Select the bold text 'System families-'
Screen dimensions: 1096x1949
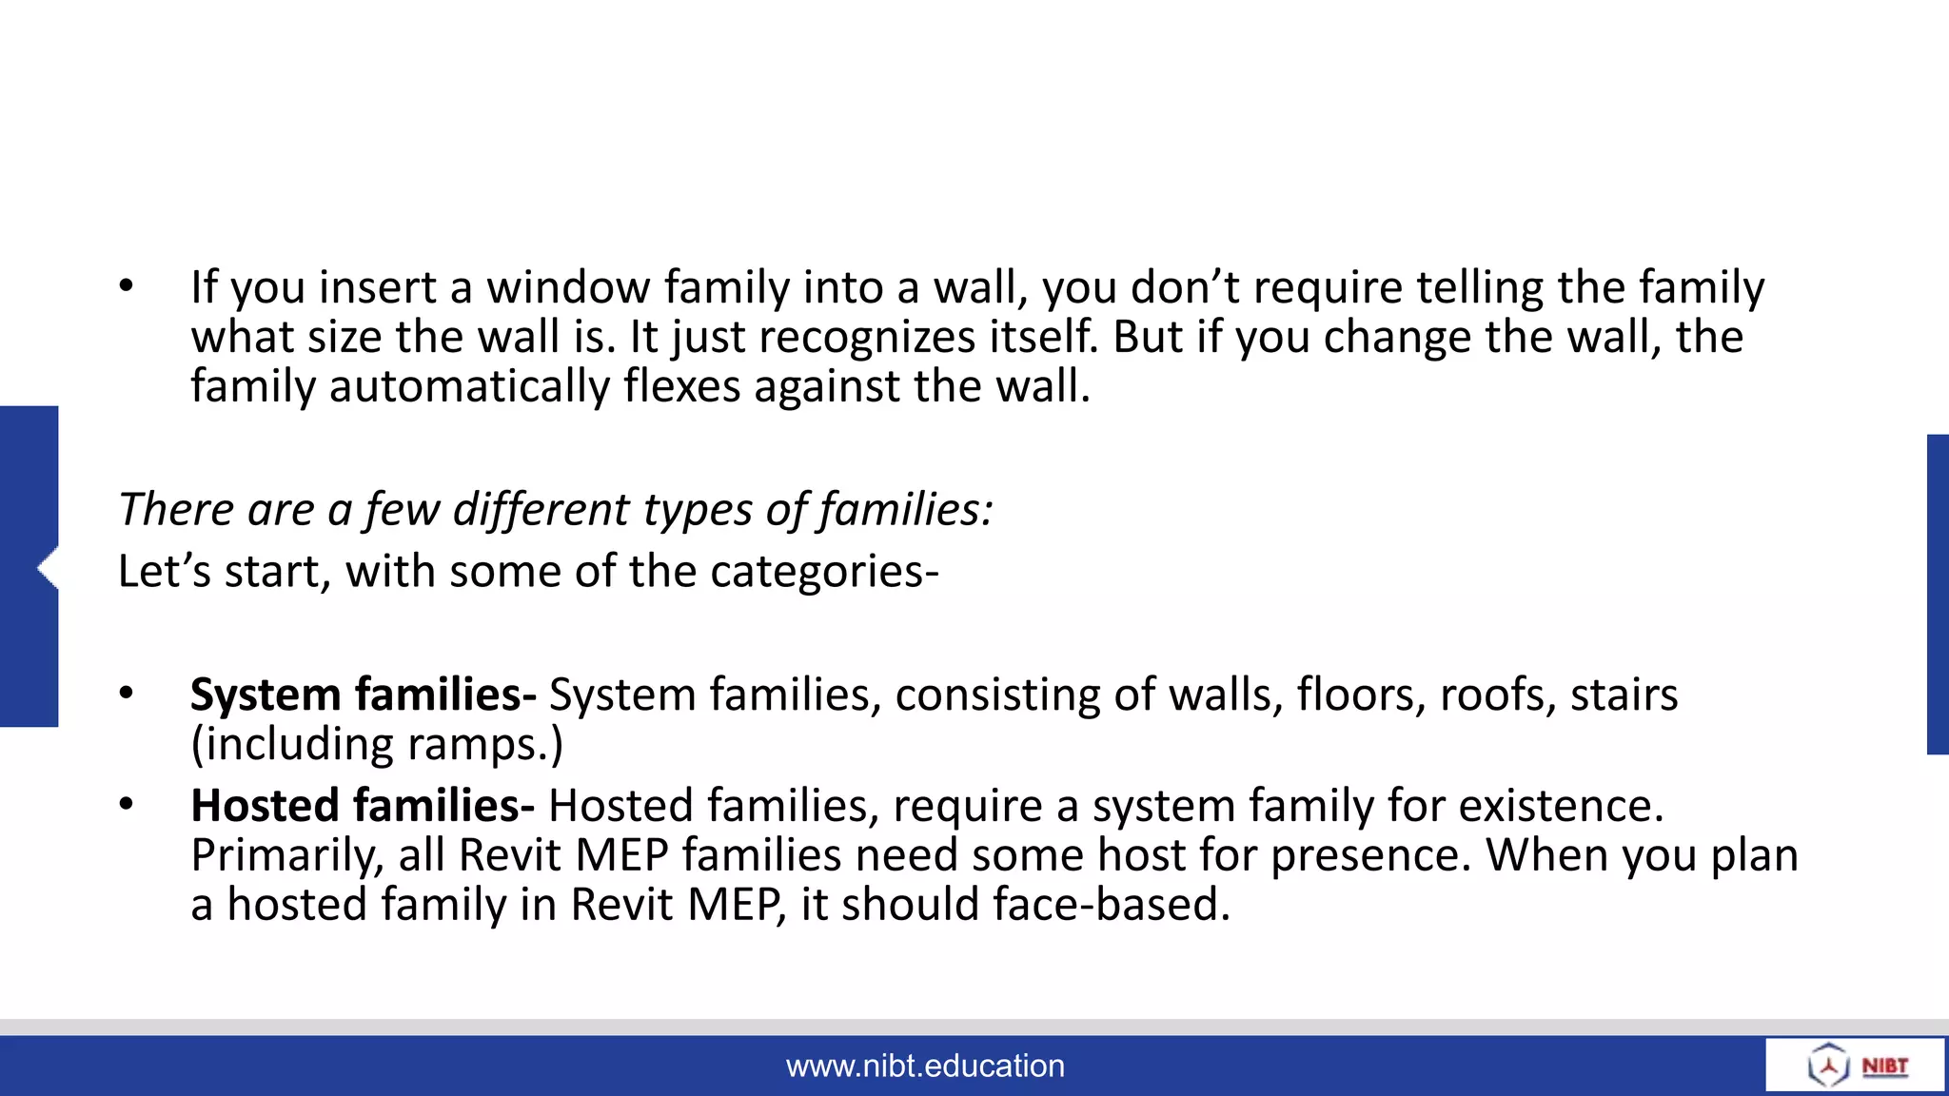363,695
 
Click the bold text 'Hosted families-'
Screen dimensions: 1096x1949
362,806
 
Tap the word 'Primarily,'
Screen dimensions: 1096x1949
286,855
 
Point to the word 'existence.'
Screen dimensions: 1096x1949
1561,806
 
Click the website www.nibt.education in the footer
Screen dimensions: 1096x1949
925,1066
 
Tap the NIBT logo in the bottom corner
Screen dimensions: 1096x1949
1856,1065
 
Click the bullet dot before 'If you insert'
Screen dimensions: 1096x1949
127,285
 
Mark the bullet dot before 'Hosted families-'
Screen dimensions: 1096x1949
127,805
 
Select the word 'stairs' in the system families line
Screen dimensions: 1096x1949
1624,695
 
